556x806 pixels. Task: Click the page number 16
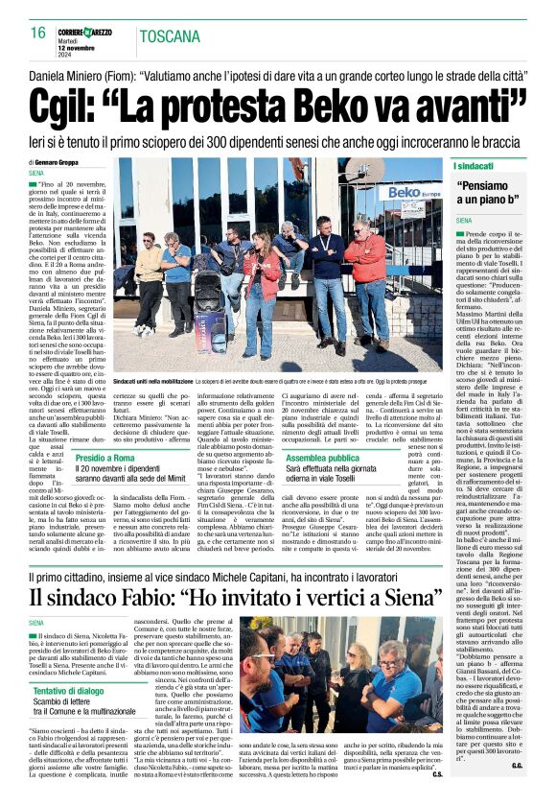tap(38, 33)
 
